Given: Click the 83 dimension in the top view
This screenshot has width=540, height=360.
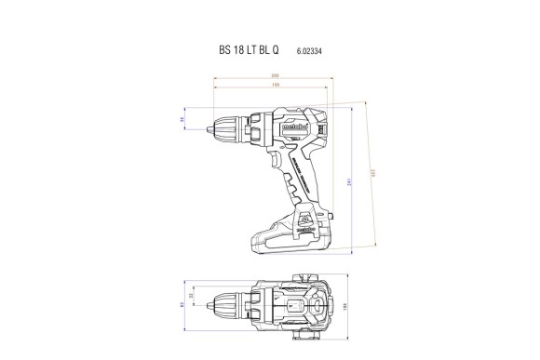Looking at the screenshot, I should pos(183,303).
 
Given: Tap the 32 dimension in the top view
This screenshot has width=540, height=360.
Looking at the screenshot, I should pos(193,297).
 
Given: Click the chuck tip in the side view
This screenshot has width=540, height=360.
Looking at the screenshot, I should pos(219,120).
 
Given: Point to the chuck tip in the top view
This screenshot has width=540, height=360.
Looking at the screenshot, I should pos(219,303).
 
